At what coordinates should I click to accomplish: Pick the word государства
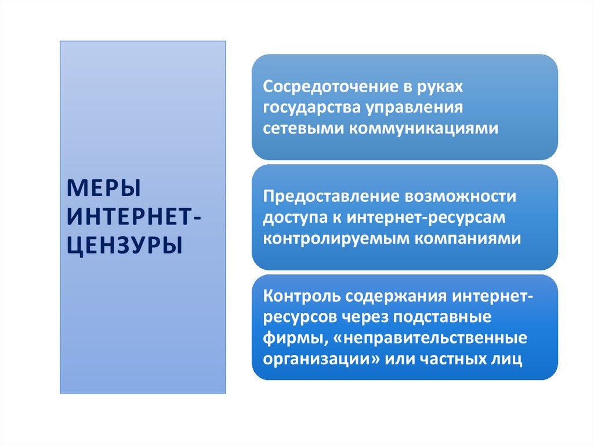312,107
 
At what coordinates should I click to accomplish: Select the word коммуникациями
423,128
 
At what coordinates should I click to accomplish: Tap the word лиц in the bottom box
510,358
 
